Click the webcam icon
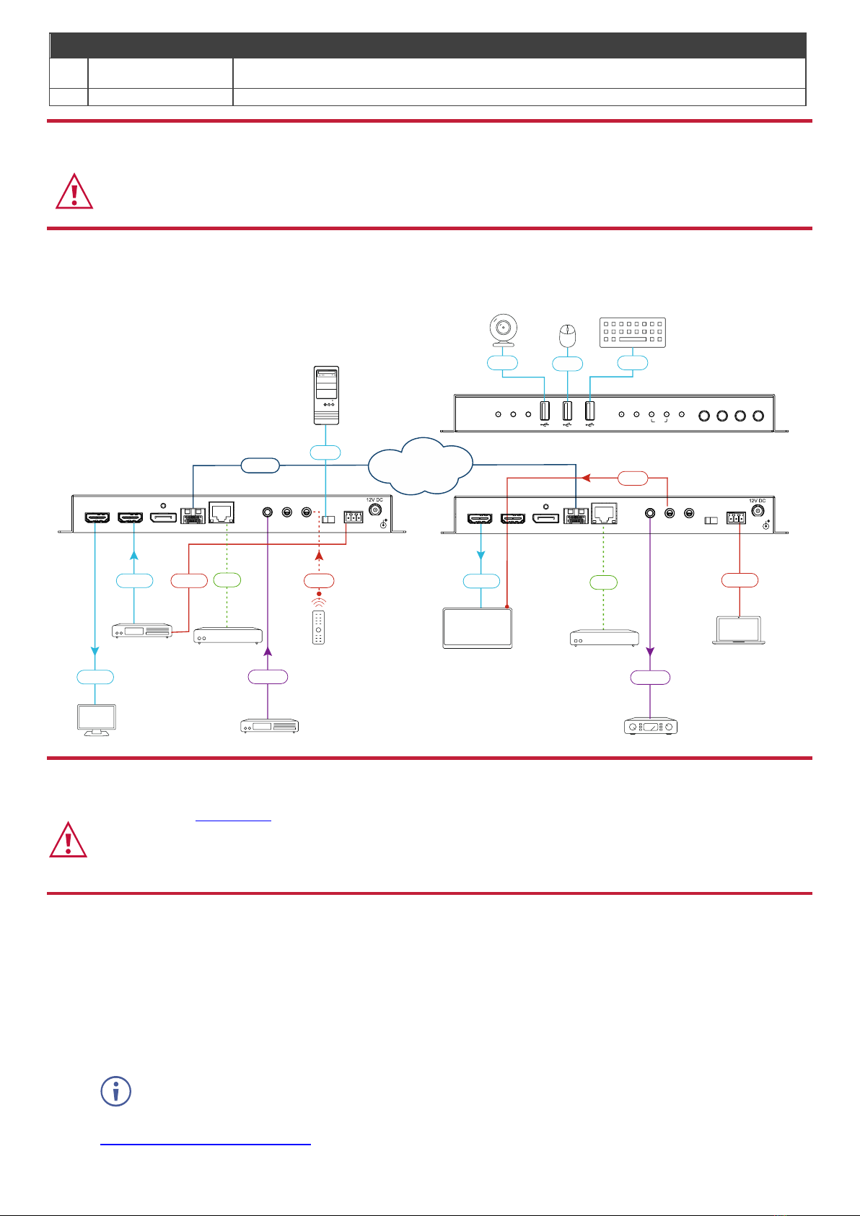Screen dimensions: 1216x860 [503, 330]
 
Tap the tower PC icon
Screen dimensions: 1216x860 [327, 395]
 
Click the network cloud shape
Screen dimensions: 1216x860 [420, 465]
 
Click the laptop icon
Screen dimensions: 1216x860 [740, 630]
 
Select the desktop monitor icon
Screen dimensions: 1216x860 [96, 719]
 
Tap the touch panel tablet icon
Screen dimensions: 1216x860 [478, 628]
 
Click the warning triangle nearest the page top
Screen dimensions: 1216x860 [74, 192]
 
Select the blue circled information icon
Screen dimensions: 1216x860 [115, 1091]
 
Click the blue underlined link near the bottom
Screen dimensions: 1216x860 [206, 1144]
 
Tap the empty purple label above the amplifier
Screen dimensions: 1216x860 [650, 677]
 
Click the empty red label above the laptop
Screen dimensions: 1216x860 [740, 579]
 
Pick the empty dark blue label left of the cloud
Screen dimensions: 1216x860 [260, 465]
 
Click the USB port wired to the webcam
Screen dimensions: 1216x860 [545, 411]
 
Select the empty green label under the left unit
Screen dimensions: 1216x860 [227, 579]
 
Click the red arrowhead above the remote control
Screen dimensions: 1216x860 [319, 556]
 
